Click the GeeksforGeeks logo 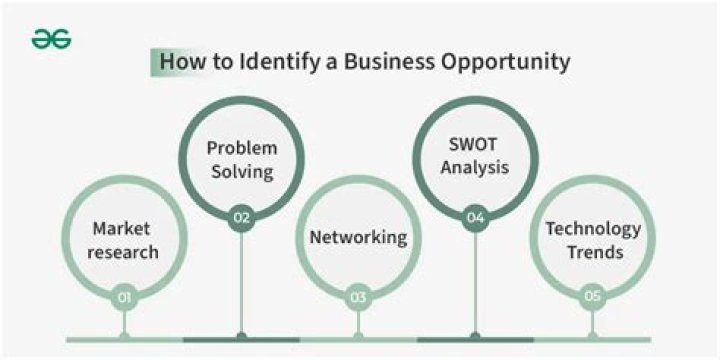point(51,39)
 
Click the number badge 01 point(123,296)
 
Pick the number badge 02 point(241,216)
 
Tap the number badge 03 point(358,296)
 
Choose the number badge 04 point(475,216)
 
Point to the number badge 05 point(592,296)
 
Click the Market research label point(123,240)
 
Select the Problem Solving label point(241,160)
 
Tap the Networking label point(358,238)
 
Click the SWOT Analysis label point(475,158)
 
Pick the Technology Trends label point(592,239)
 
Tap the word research point(123,252)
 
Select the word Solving point(241,172)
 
